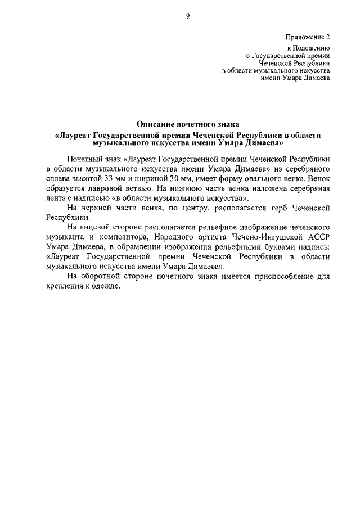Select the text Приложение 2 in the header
308,37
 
